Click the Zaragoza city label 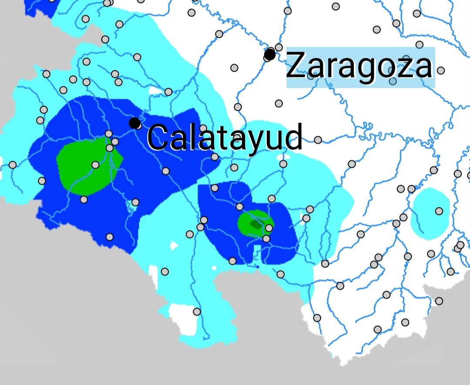360,67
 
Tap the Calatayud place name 225,137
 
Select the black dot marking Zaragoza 270,55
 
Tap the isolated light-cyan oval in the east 430,213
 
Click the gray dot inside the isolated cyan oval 439,211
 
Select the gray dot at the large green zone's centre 95,164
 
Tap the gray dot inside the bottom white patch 197,311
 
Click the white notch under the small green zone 257,252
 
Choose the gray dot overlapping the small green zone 269,228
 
